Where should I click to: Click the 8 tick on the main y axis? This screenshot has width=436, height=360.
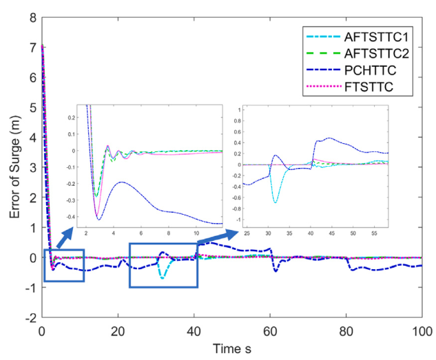(x=32, y=16)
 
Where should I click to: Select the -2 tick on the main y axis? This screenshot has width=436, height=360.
(x=30, y=319)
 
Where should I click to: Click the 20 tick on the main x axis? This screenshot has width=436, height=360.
(x=118, y=329)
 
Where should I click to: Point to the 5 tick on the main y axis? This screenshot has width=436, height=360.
(x=32, y=107)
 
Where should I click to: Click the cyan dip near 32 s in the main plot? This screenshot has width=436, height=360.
(x=163, y=277)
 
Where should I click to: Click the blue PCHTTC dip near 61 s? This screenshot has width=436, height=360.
(x=276, y=271)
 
